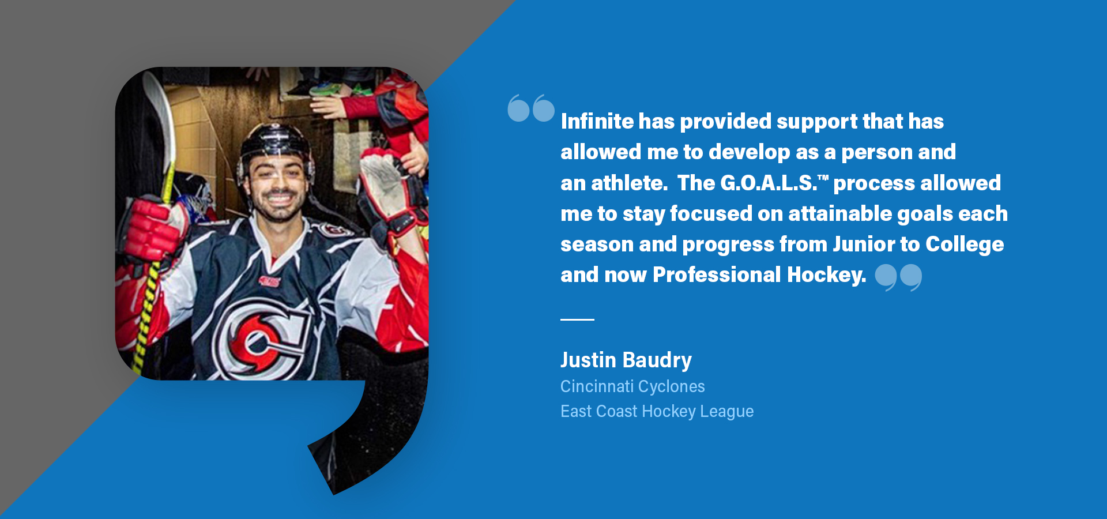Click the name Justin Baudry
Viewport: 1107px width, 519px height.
[626, 360]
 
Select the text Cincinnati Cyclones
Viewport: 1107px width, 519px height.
[632, 386]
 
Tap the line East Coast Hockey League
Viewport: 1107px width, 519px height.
[657, 411]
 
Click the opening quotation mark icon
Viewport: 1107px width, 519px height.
[531, 108]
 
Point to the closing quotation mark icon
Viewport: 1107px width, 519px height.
[898, 277]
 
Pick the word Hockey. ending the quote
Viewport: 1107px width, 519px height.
[827, 275]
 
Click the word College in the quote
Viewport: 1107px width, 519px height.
[965, 245]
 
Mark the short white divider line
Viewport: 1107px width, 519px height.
[577, 319]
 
